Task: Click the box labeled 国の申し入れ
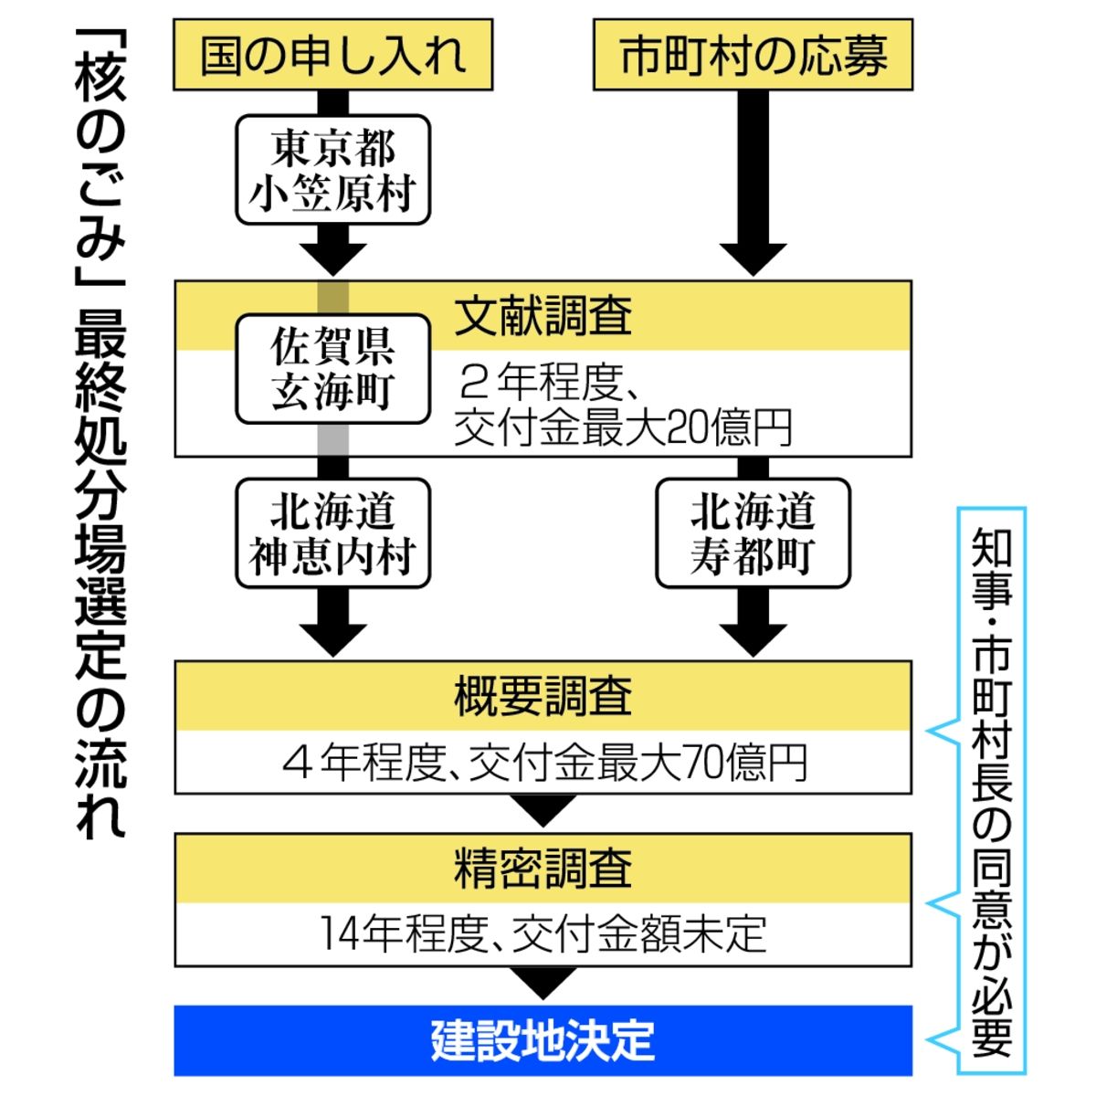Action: tap(332, 55)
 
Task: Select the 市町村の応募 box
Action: tap(753, 55)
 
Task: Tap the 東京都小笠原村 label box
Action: tap(332, 171)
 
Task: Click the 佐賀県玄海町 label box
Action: tap(332, 369)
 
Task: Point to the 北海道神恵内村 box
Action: tap(332, 533)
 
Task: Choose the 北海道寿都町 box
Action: tap(753, 533)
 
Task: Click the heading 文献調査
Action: tap(543, 316)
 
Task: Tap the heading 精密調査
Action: tap(543, 868)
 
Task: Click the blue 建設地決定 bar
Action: tap(543, 1040)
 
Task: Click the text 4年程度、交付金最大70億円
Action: tap(543, 763)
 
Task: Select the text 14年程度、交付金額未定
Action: tap(543, 934)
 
